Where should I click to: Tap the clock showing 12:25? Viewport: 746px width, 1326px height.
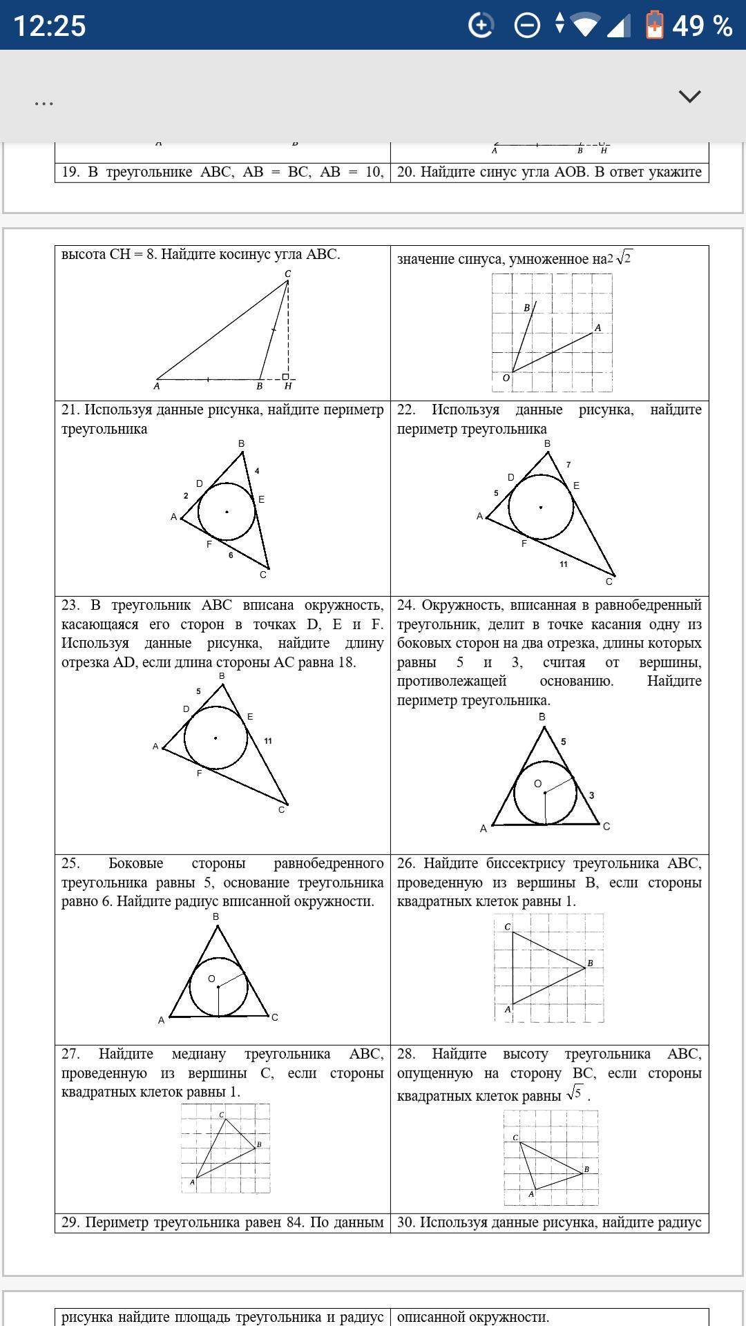[x=50, y=26]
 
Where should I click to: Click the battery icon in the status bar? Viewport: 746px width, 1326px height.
[x=653, y=26]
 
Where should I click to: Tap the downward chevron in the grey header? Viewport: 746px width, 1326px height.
[x=689, y=96]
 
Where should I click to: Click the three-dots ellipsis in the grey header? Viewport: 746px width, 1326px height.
[x=44, y=104]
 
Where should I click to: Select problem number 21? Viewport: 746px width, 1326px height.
[x=70, y=410]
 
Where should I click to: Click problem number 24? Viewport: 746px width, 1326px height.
[x=405, y=606]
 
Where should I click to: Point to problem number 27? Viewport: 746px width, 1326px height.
[x=70, y=1054]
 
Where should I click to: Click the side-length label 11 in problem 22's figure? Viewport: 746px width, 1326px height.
[x=564, y=564]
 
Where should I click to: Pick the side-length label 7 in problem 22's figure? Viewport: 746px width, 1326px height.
[x=568, y=465]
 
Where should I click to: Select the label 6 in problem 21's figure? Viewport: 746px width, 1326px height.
[x=231, y=555]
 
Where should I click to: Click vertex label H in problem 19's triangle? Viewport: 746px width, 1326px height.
[x=288, y=386]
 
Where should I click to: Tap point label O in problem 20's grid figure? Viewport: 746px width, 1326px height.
[x=506, y=378]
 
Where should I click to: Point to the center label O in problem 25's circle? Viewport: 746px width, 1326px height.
[x=211, y=979]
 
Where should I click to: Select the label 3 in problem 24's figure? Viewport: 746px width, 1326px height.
[x=591, y=795]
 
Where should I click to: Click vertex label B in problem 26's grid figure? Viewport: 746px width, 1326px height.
[x=590, y=963]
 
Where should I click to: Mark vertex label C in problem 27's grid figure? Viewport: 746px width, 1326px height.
[x=221, y=1115]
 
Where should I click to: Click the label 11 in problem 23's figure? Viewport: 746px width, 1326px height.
[x=267, y=741]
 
